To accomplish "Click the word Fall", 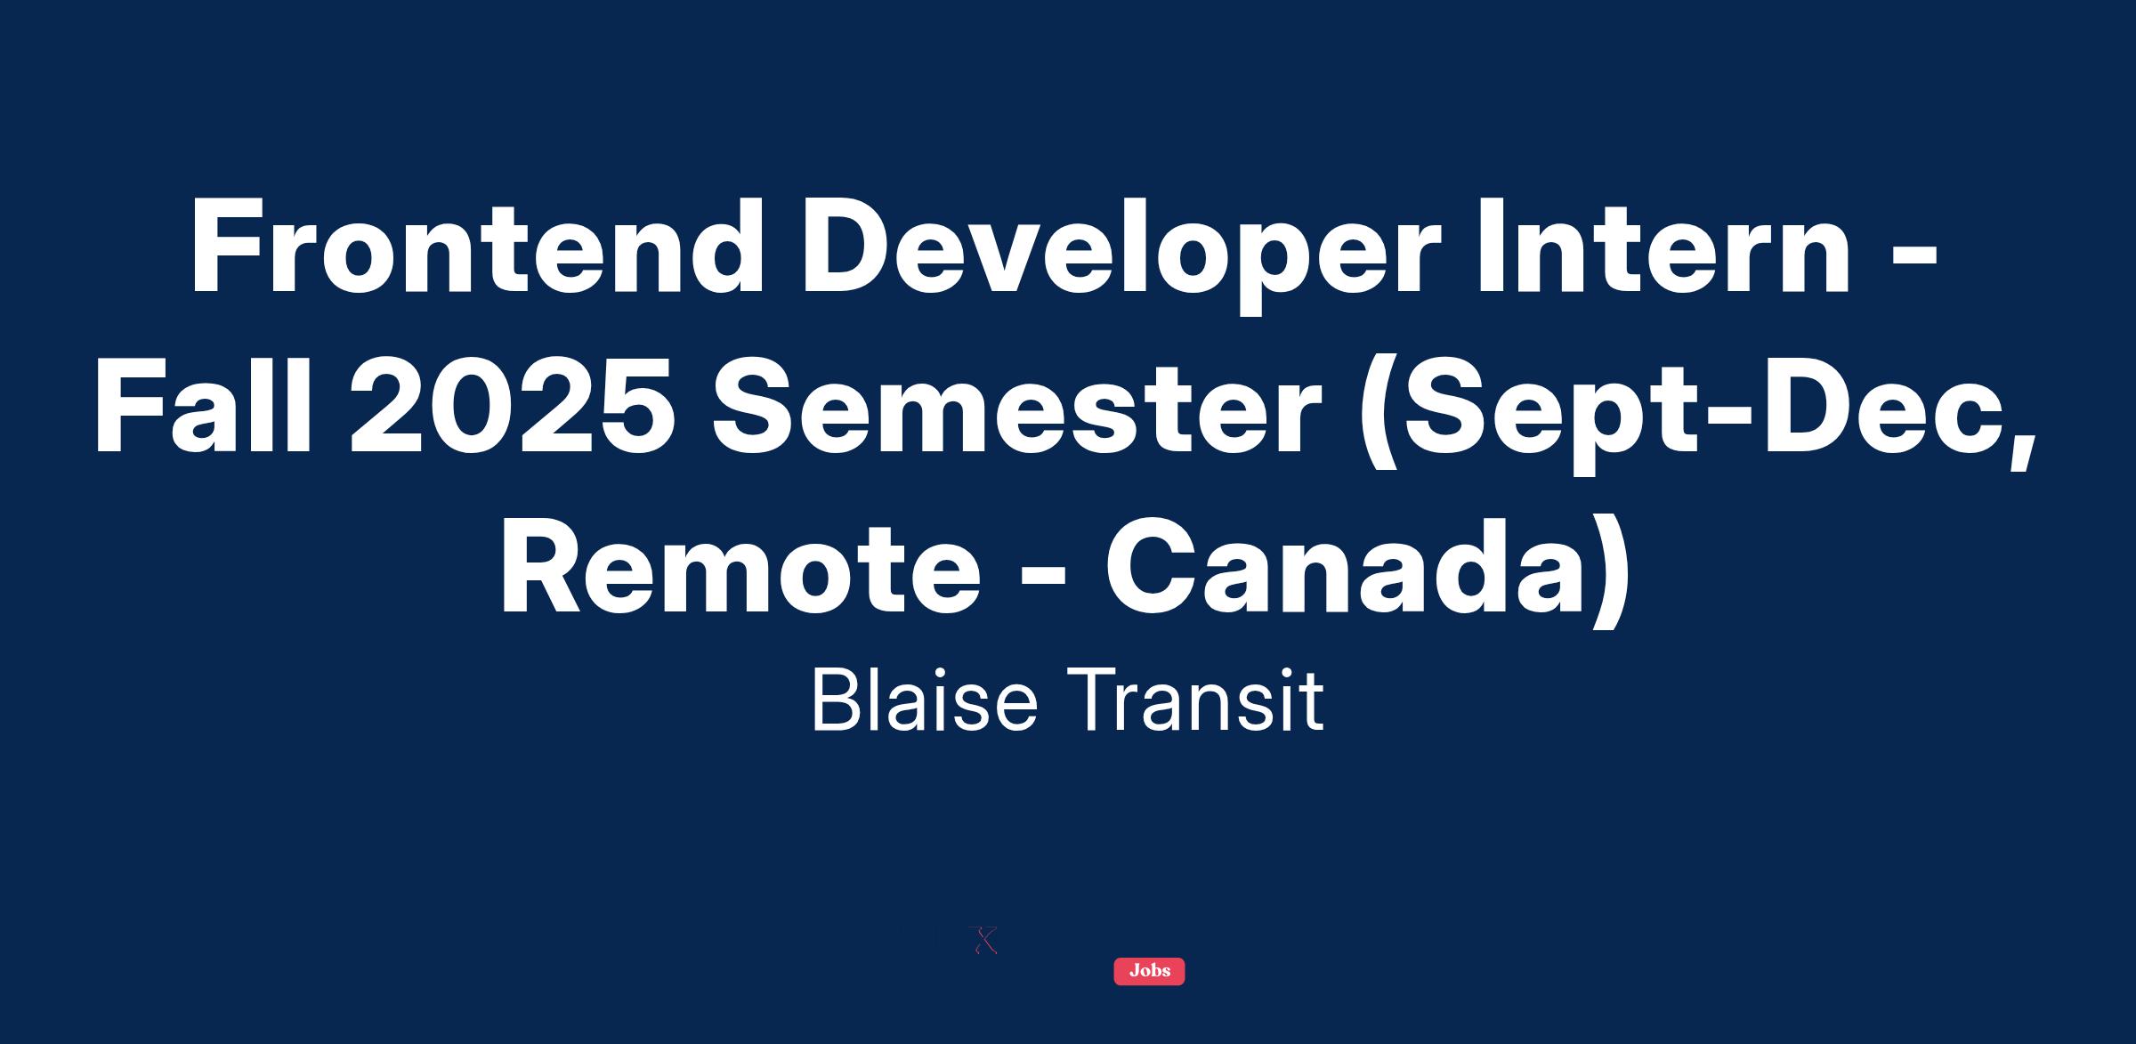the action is [204, 408].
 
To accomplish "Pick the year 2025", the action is [510, 408].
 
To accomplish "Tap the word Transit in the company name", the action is [1195, 700].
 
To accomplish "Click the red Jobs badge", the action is [1149, 971].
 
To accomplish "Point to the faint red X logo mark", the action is [983, 941].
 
